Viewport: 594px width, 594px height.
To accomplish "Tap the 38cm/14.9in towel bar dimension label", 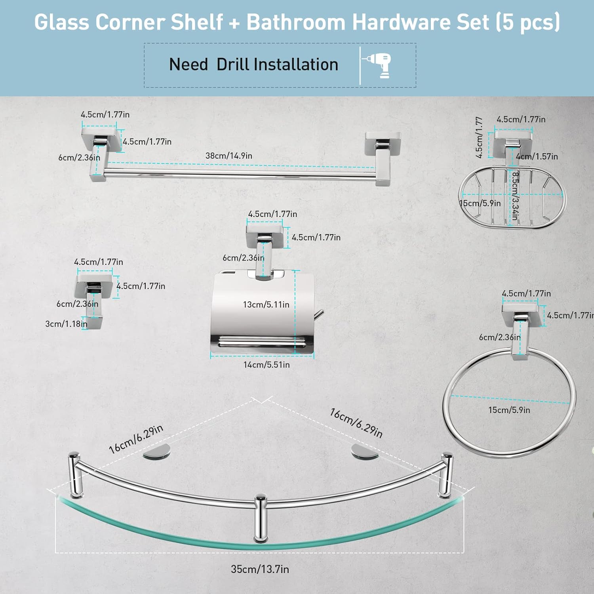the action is (x=228, y=156).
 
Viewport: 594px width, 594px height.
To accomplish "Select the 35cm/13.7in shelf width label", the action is (x=260, y=569).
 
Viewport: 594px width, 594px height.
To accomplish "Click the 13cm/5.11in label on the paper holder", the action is (x=266, y=305).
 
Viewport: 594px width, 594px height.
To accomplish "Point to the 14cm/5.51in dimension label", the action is (x=267, y=365).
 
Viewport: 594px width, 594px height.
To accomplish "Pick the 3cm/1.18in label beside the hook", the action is (x=66, y=324).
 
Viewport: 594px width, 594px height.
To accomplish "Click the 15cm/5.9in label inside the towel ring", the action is (x=509, y=410).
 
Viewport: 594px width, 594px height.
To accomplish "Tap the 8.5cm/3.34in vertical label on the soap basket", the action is (x=515, y=196).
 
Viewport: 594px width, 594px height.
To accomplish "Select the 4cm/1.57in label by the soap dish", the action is (x=537, y=156).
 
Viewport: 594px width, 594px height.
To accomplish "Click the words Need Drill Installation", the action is (x=253, y=65).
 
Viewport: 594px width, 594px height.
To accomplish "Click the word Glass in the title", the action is (x=61, y=22).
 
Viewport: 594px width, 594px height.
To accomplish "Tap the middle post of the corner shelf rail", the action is (x=260, y=517).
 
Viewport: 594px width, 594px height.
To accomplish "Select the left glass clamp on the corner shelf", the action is (x=157, y=451).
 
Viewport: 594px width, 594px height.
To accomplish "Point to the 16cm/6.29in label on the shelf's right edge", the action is (x=356, y=423).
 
